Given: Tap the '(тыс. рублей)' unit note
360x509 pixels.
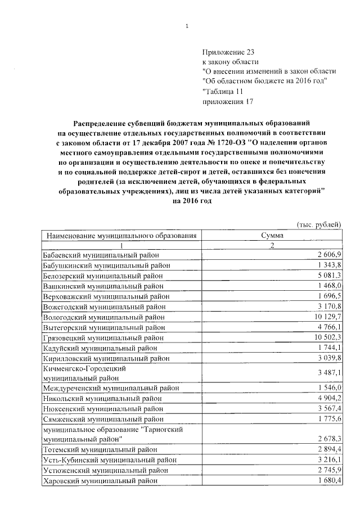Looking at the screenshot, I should [319, 225].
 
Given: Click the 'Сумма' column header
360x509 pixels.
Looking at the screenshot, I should [272, 236].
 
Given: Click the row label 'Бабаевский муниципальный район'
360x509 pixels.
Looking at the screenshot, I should [101, 256].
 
